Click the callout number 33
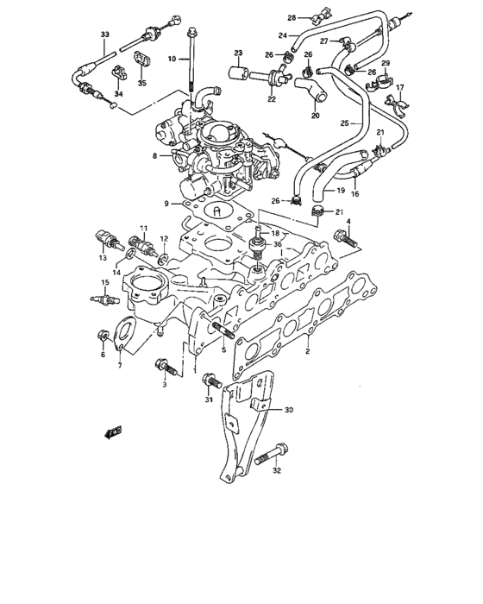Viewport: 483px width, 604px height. point(104,35)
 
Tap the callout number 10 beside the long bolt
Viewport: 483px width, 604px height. point(171,58)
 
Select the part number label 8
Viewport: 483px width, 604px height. point(154,155)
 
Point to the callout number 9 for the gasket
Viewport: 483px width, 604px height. point(154,204)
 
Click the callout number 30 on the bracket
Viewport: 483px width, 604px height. point(289,410)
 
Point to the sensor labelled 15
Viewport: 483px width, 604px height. point(103,302)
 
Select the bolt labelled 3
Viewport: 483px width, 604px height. point(166,368)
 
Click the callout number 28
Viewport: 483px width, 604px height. point(292,17)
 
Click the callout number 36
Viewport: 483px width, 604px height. point(278,244)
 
